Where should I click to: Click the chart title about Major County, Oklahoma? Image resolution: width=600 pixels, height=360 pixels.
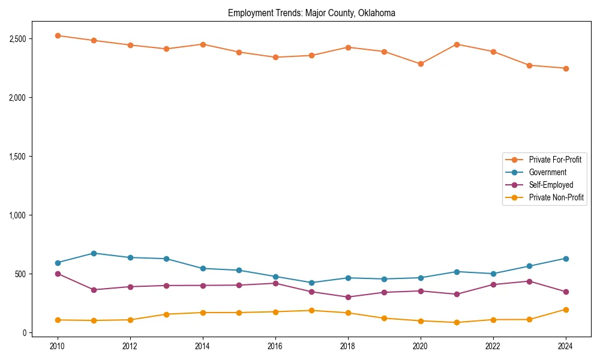click(311, 13)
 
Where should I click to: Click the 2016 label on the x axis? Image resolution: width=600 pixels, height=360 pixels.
click(275, 346)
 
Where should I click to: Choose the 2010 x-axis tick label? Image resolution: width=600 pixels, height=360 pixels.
click(58, 346)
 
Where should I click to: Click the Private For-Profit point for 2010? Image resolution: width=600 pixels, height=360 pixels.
click(58, 35)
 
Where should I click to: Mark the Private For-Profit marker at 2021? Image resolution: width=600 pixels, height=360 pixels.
click(457, 44)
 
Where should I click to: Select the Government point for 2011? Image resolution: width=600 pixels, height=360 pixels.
click(94, 253)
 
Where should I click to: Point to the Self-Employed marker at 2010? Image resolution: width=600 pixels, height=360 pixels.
click(58, 274)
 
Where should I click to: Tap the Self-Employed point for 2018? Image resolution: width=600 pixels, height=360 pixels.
click(348, 297)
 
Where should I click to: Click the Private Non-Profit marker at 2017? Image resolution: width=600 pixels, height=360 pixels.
click(311, 310)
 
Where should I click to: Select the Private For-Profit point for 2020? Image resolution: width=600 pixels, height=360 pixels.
click(421, 64)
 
